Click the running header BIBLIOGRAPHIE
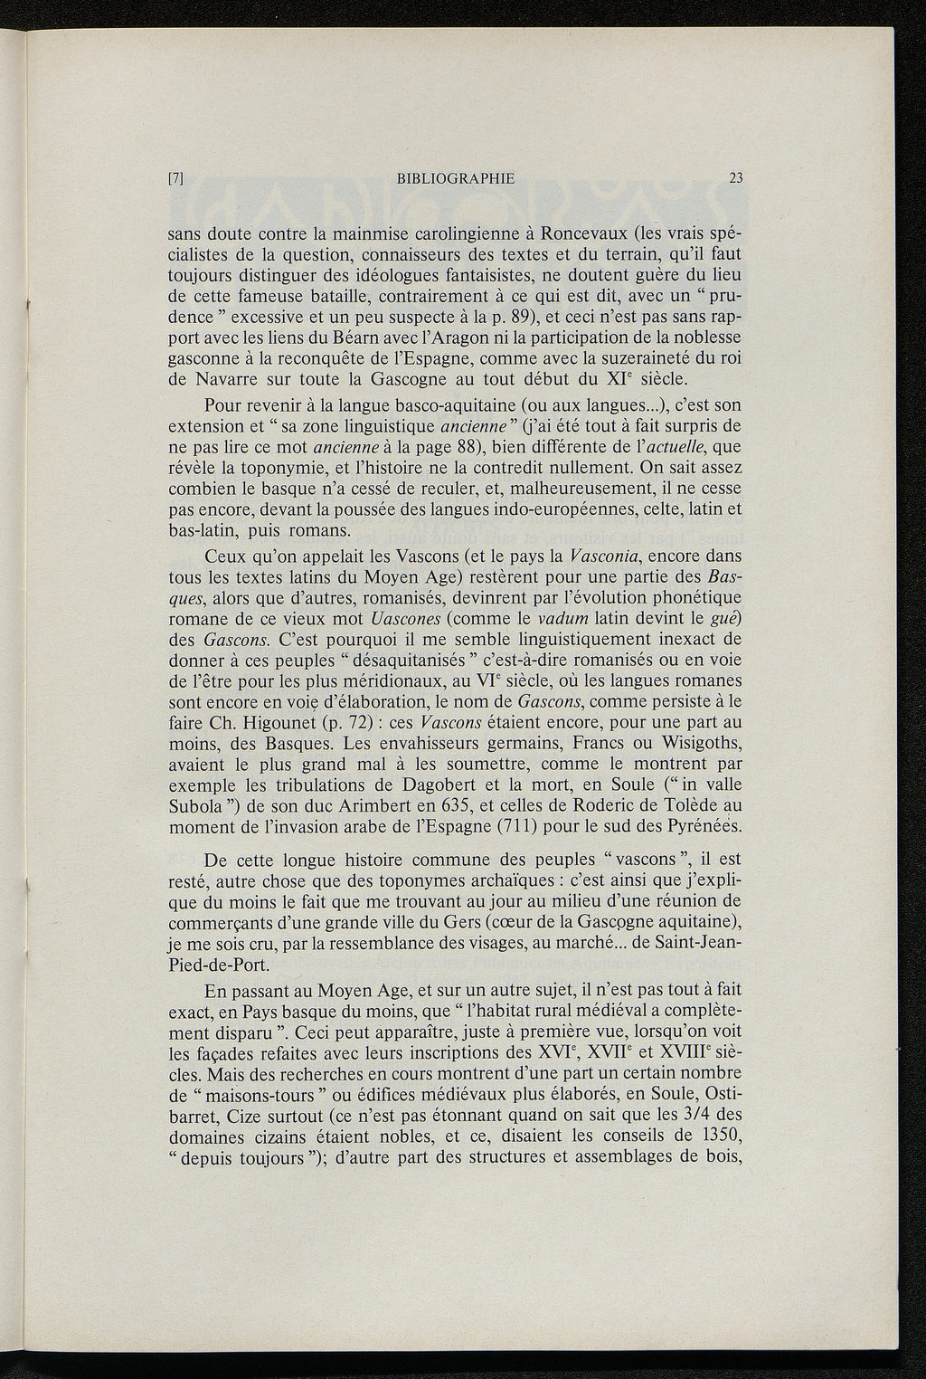[456, 179]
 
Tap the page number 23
[734, 179]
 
